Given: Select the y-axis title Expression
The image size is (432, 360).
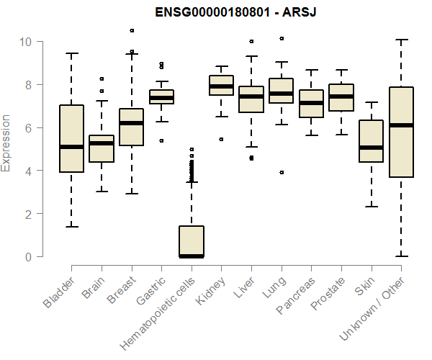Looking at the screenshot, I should pyautogui.click(x=7, y=143).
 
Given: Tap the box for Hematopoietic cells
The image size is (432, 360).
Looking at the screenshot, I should pyautogui.click(x=191, y=241).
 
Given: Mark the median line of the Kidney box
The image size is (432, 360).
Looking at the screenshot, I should pyautogui.click(x=221, y=86).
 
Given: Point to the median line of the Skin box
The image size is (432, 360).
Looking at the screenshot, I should pyautogui.click(x=371, y=148).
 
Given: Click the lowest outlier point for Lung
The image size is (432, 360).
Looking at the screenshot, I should pyautogui.click(x=282, y=172).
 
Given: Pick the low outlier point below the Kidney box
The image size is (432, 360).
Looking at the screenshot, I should pyautogui.click(x=221, y=139).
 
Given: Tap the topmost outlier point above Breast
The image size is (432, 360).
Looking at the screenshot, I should pyautogui.click(x=131, y=31).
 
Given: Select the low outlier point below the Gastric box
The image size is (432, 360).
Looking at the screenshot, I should pyautogui.click(x=161, y=140).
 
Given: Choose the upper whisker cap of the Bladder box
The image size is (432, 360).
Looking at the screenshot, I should pyautogui.click(x=71, y=53).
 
